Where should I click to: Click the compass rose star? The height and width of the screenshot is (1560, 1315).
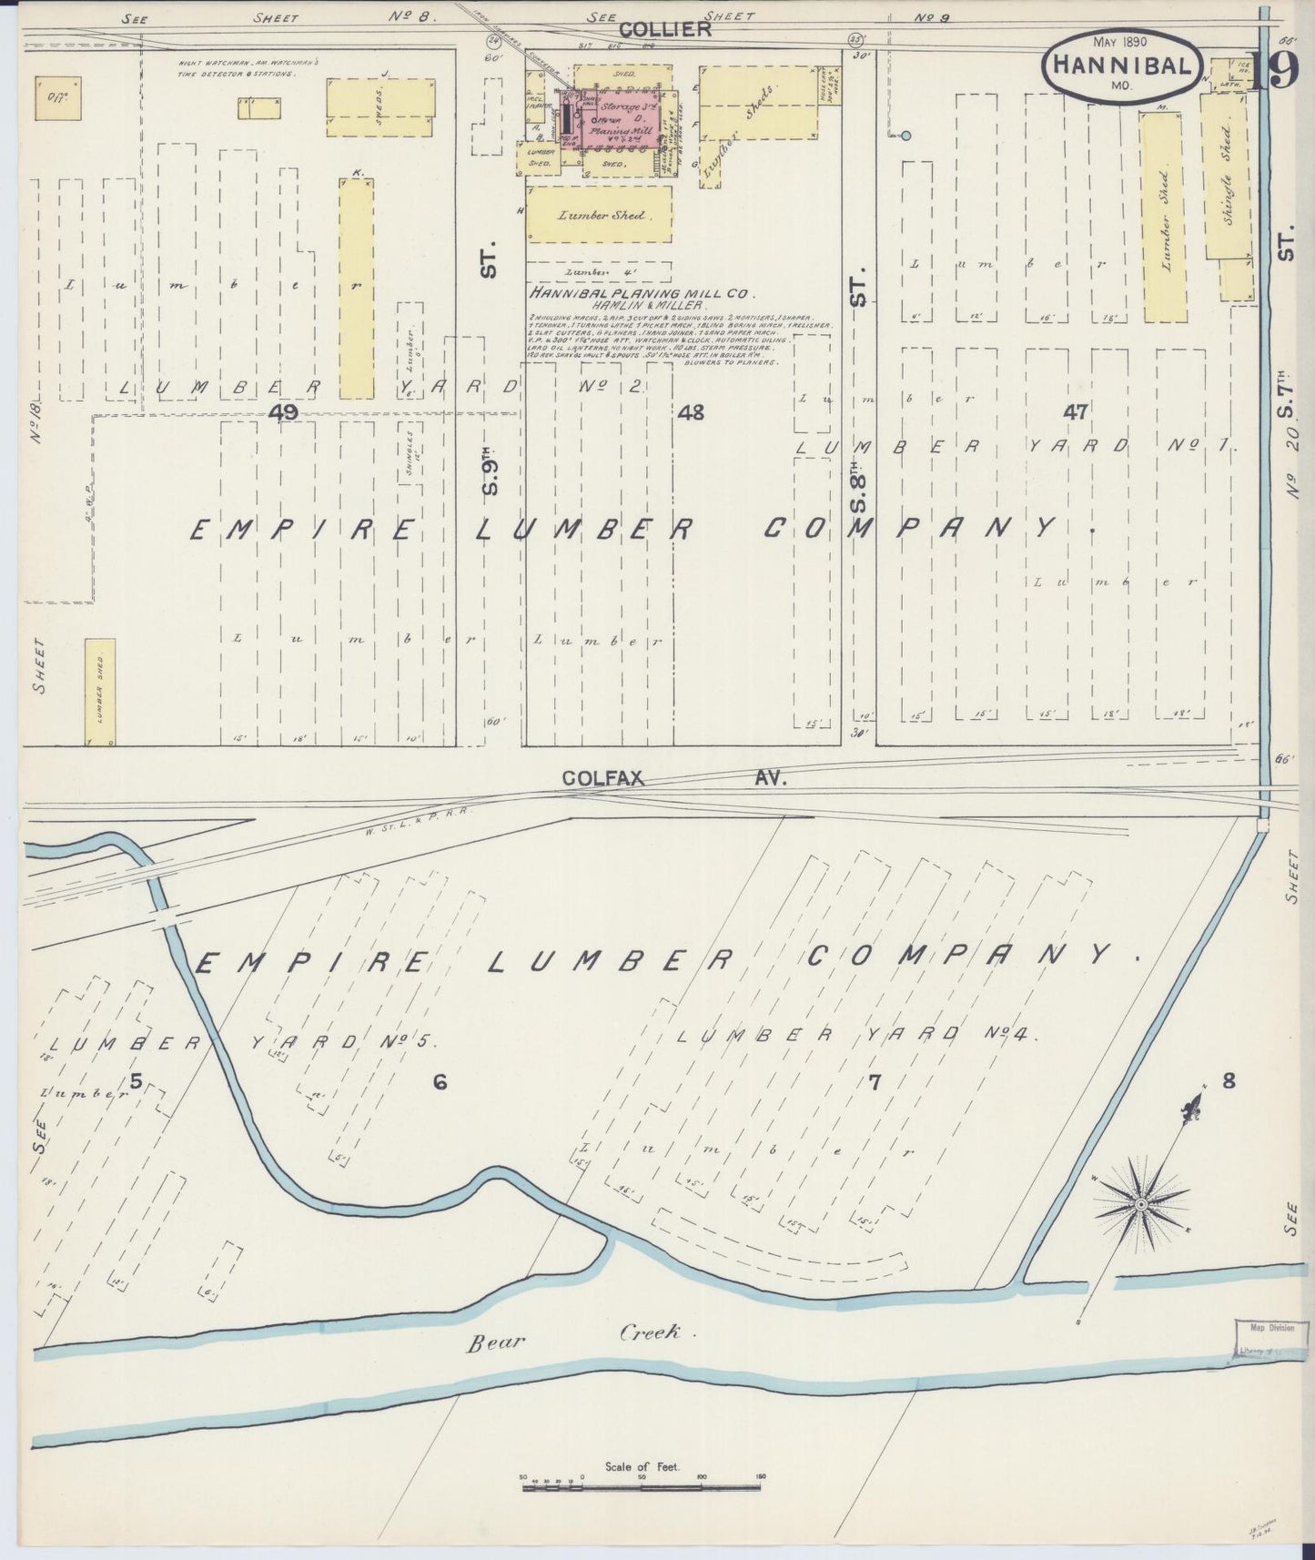[x=1140, y=1204]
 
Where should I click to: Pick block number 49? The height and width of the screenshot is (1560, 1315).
[x=284, y=412]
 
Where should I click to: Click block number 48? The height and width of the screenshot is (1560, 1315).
[x=691, y=412]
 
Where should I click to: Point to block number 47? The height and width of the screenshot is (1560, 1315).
[x=1076, y=412]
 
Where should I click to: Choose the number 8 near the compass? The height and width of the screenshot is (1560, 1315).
[x=1229, y=1081]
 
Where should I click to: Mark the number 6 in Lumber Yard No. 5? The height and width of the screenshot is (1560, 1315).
[x=440, y=1082]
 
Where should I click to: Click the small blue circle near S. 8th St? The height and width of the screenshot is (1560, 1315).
[x=905, y=136]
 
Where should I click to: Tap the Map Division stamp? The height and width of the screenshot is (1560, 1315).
[x=1265, y=1339]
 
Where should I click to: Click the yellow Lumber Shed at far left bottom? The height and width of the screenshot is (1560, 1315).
[x=100, y=692]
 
